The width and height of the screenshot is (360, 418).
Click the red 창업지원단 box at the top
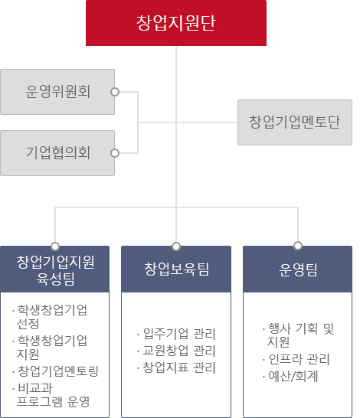(x=176, y=23)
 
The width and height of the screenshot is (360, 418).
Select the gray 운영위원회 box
(x=57, y=92)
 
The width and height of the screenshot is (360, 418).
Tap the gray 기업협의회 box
(x=57, y=153)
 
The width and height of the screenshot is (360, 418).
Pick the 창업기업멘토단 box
(x=295, y=122)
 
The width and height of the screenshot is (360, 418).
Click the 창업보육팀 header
(x=176, y=269)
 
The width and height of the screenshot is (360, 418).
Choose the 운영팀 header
(x=298, y=269)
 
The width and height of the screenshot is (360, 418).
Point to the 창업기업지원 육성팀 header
(x=54, y=269)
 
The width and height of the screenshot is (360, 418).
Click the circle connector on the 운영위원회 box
(x=115, y=92)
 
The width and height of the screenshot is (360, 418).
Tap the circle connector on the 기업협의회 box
(x=115, y=153)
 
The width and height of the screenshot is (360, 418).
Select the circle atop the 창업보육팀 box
(x=176, y=247)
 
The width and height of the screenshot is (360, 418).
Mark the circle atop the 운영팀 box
(x=298, y=246)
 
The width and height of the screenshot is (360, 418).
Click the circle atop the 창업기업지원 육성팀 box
(x=55, y=247)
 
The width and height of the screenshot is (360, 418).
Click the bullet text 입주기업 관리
(x=179, y=334)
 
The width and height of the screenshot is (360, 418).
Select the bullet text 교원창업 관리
(x=179, y=351)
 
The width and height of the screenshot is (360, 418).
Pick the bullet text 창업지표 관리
(x=179, y=367)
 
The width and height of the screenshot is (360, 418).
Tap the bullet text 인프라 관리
(x=299, y=359)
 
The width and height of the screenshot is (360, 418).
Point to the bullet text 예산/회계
(x=293, y=377)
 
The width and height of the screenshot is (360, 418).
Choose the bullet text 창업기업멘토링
(x=58, y=371)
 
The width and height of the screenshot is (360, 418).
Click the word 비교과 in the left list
(x=35, y=388)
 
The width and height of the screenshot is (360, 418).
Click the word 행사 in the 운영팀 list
(x=280, y=328)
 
